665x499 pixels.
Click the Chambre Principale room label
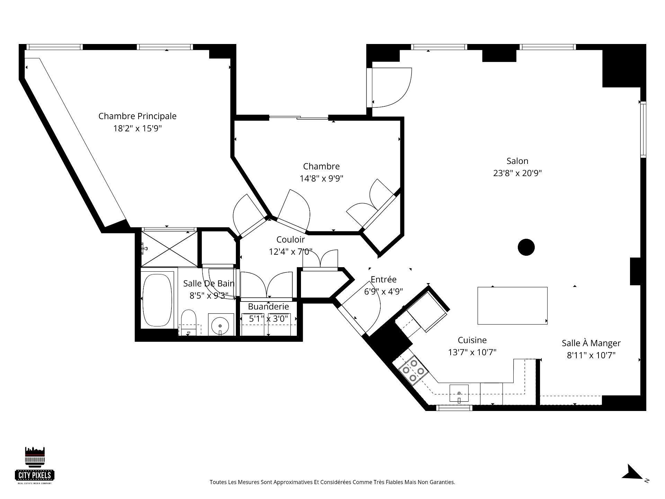pyautogui.click(x=137, y=116)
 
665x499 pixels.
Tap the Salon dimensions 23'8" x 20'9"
pyautogui.click(x=517, y=173)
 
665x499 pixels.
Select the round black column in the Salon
pyautogui.click(x=526, y=247)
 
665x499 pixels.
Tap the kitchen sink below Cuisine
pyautogui.click(x=459, y=393)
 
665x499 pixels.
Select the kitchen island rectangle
pyautogui.click(x=512, y=306)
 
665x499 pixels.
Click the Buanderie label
pyautogui.click(x=268, y=307)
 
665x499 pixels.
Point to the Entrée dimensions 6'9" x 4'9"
pyautogui.click(x=383, y=291)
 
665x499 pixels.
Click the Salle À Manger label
pyautogui.click(x=591, y=343)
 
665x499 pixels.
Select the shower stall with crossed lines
pyautogui.click(x=169, y=249)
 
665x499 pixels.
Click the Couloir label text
pyautogui.click(x=291, y=239)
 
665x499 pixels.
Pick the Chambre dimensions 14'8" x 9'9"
pyautogui.click(x=321, y=178)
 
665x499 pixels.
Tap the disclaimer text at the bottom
pyautogui.click(x=332, y=482)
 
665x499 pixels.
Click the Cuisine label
pyautogui.click(x=472, y=340)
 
